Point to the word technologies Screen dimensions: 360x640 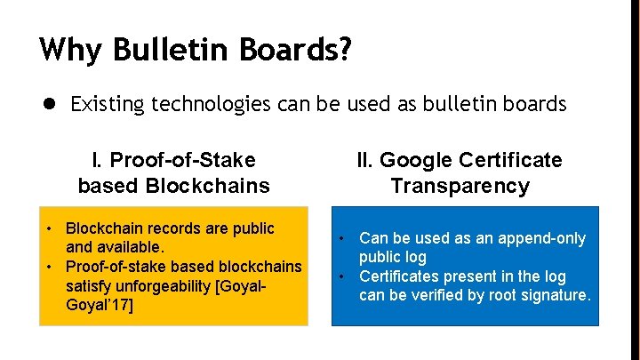(x=212, y=104)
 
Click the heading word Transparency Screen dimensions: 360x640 (x=460, y=186)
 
